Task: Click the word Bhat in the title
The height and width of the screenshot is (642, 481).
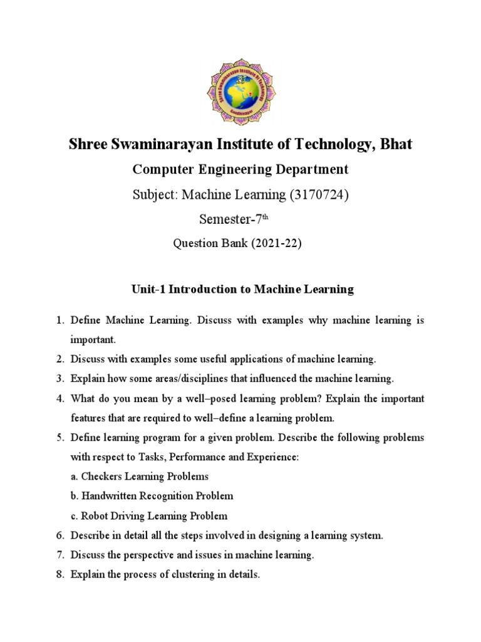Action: pos(392,144)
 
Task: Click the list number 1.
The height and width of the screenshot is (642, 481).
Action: pos(60,320)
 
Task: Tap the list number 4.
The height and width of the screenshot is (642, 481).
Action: pos(60,399)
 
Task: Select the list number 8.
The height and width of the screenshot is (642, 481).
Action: pos(60,574)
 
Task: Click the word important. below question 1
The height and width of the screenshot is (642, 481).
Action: pos(93,339)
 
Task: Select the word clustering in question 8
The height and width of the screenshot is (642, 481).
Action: pos(194,574)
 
